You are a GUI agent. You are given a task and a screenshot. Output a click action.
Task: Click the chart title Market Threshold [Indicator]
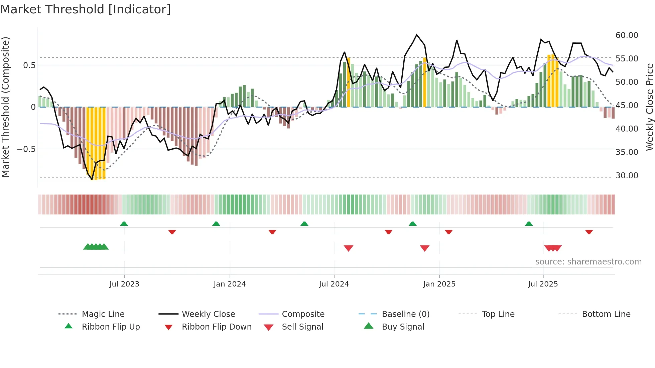coord(86,9)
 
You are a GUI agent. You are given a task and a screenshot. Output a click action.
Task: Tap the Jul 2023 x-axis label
coord(124,284)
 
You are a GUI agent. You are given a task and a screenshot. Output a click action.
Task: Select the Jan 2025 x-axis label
coord(439,284)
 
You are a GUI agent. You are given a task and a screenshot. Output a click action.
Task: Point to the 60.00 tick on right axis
coord(627,35)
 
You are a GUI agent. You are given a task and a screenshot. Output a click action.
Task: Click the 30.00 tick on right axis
coord(627,176)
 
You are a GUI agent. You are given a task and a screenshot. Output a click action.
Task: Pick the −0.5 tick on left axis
coord(26,149)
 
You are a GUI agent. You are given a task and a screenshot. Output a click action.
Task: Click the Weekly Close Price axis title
coord(649,107)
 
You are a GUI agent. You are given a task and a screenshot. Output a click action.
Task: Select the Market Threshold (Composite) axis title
coord(5,107)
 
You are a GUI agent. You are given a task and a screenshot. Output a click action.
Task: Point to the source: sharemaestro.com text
coord(588,262)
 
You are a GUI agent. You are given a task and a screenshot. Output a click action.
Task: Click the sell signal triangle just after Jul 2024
coord(349,248)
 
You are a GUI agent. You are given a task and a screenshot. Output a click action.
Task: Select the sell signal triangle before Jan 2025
coord(425,248)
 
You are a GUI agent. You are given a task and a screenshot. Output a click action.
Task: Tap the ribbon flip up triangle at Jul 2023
coord(124,224)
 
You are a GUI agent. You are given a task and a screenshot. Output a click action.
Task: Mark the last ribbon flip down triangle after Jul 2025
coord(589,232)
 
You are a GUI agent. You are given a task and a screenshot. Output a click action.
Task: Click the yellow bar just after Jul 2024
coord(349,82)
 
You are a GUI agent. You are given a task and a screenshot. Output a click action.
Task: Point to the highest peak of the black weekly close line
coord(417,35)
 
